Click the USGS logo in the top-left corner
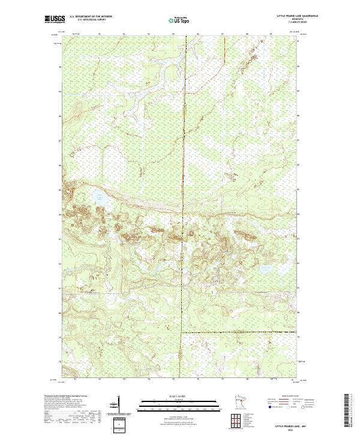click(53, 19)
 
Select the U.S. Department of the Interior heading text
click(91, 17)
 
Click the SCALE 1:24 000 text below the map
click(178, 396)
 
